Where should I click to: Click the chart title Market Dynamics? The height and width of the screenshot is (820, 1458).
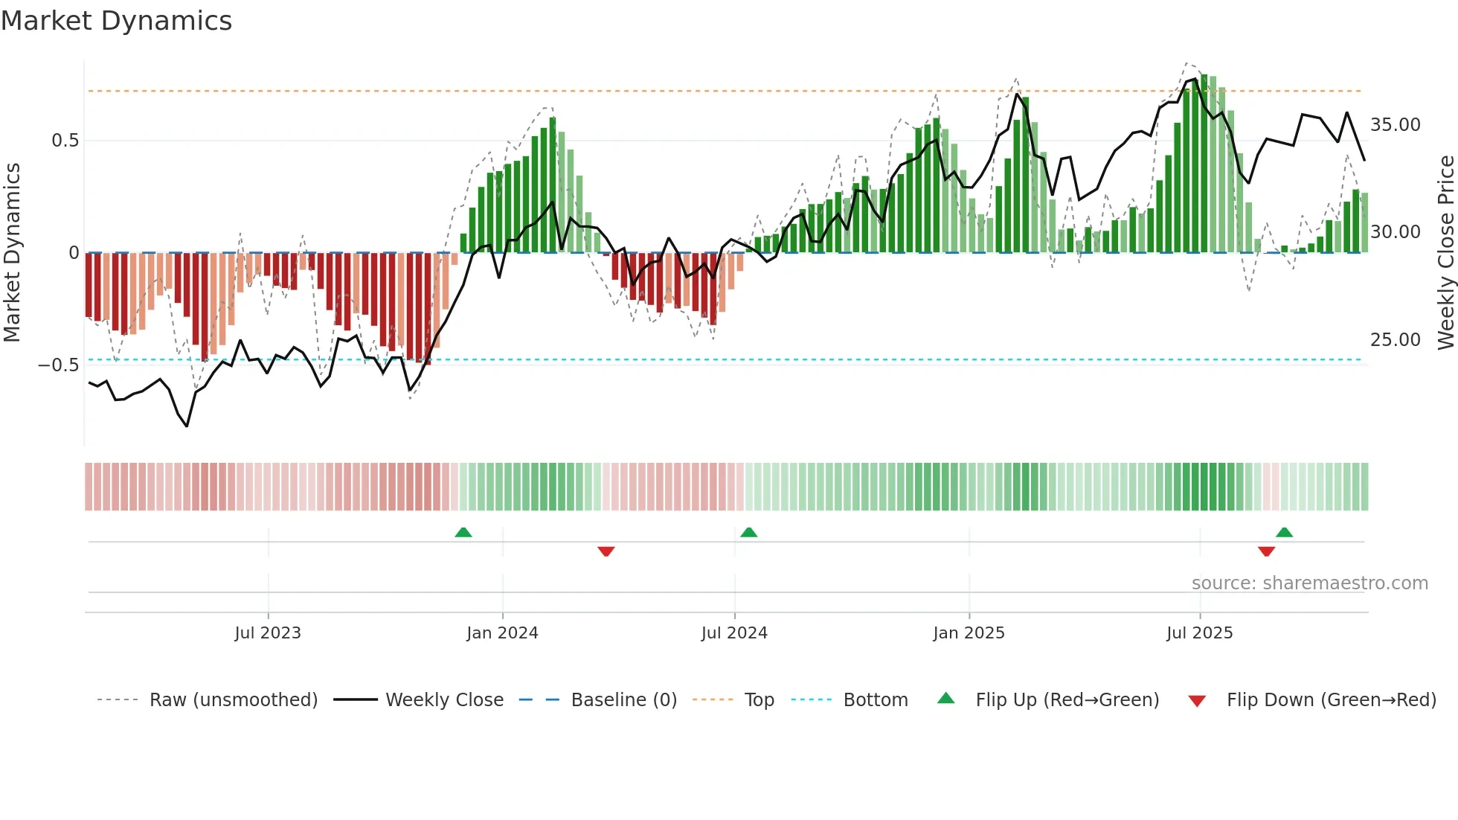117,21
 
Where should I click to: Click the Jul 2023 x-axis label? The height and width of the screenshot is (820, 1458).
268,633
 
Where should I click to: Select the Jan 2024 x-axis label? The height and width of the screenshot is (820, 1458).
502,633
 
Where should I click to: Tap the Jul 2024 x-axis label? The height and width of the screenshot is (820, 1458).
734,633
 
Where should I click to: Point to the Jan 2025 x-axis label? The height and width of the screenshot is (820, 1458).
969,633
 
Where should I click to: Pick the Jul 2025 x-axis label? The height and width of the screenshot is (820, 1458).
1199,633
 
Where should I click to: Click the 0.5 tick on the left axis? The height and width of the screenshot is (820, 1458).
65,141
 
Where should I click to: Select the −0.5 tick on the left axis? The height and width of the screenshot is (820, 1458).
59,365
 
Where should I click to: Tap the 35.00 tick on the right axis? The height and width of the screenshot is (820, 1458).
1396,125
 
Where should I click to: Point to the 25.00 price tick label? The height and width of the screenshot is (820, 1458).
1396,340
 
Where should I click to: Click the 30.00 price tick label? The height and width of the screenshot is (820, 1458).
1396,232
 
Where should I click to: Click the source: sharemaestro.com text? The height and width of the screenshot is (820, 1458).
1309,583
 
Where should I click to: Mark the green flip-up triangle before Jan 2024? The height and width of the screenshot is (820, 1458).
463,532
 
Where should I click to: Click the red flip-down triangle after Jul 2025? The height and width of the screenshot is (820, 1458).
1266,551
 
